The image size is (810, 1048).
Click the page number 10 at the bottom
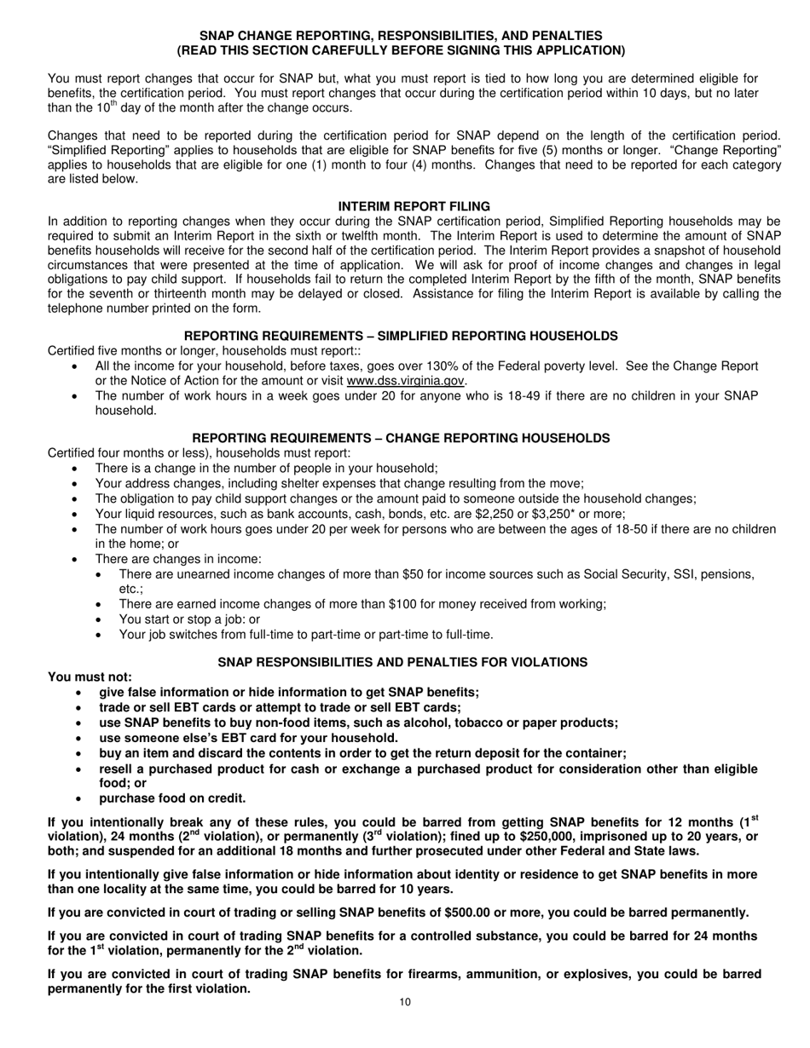[405, 1002]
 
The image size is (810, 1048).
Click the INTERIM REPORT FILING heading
[414, 206]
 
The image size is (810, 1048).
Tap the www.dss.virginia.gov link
[406, 381]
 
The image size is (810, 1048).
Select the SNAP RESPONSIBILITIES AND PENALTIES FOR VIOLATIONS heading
[402, 662]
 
